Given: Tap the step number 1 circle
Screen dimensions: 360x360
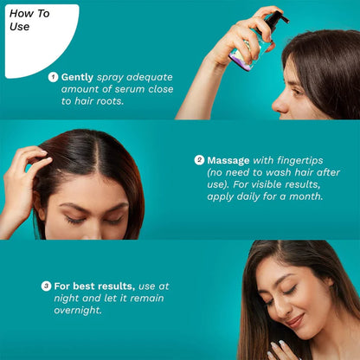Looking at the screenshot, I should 54,77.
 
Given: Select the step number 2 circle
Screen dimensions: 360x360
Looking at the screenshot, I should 199,160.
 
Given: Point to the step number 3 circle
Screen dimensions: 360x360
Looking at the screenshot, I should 46,286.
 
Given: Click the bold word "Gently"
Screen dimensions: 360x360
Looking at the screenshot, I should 78,77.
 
